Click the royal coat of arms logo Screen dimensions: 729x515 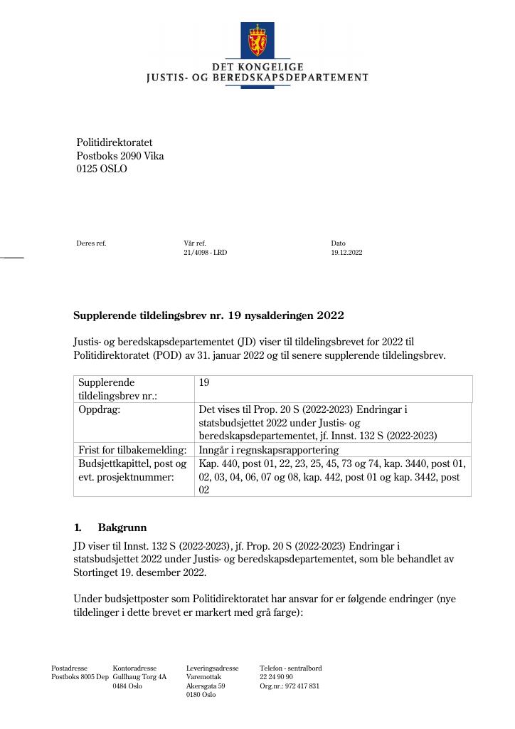(257, 42)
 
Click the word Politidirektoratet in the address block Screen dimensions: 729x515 (115, 143)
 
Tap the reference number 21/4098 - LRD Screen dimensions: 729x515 (205, 253)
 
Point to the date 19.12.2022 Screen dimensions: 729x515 (346, 253)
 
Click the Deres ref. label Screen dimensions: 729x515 (91, 243)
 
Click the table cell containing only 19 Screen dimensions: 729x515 (204, 383)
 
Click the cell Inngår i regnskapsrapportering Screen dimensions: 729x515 (269, 450)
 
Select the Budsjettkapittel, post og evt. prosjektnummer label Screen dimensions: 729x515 (132, 471)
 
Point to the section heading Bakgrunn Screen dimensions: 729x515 (122, 528)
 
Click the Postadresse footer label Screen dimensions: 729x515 (69, 668)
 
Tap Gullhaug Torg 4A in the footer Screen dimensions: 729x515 (139, 677)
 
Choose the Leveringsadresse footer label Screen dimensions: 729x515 (212, 668)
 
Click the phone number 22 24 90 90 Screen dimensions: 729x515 (276, 677)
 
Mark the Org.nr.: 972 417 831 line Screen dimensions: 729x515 (290, 686)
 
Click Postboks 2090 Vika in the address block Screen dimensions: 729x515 (120, 157)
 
